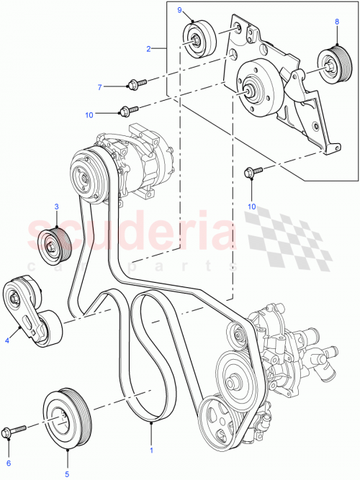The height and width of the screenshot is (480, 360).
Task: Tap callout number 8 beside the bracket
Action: click(336, 22)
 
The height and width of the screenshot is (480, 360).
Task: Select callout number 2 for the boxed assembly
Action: click(148, 49)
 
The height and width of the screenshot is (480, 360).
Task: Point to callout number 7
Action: click(100, 87)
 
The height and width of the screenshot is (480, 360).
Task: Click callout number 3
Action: click(56, 207)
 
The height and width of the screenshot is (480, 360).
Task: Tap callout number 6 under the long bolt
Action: click(9, 463)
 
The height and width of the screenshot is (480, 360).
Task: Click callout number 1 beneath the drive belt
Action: click(151, 451)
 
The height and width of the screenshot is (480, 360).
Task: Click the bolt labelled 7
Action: click(135, 84)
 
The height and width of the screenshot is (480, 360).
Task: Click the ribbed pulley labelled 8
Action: click(331, 64)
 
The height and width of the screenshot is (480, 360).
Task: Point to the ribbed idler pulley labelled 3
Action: click(55, 245)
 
